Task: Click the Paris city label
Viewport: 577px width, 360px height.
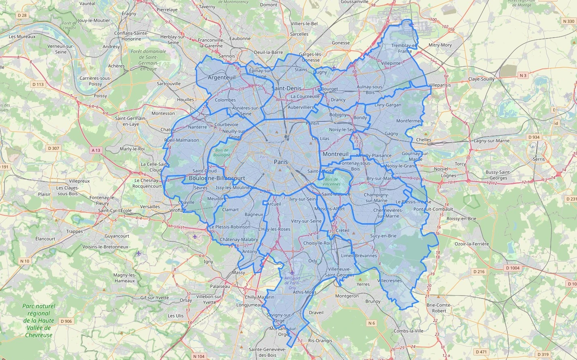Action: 281,162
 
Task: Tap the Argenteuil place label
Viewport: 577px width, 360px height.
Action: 221,77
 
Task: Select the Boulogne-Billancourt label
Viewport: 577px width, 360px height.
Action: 217,178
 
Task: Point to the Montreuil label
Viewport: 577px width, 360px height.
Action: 336,154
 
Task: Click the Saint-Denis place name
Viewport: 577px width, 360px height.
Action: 286,88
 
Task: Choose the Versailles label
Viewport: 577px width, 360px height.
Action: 150,207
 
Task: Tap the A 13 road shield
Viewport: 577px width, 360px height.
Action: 96,150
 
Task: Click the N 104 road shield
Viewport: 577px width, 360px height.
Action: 199,356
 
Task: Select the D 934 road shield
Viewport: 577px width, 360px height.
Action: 534,137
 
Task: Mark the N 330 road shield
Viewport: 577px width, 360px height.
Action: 568,21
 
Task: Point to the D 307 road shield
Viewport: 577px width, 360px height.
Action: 53,148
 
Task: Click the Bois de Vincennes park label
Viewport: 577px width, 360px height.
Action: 331,182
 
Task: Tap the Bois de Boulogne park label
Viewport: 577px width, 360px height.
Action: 222,153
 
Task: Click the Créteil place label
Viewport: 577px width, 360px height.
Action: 342,230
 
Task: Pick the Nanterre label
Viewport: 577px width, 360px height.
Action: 197,127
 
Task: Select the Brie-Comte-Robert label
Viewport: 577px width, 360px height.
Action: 439,308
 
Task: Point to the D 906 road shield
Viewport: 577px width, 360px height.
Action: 66,321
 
